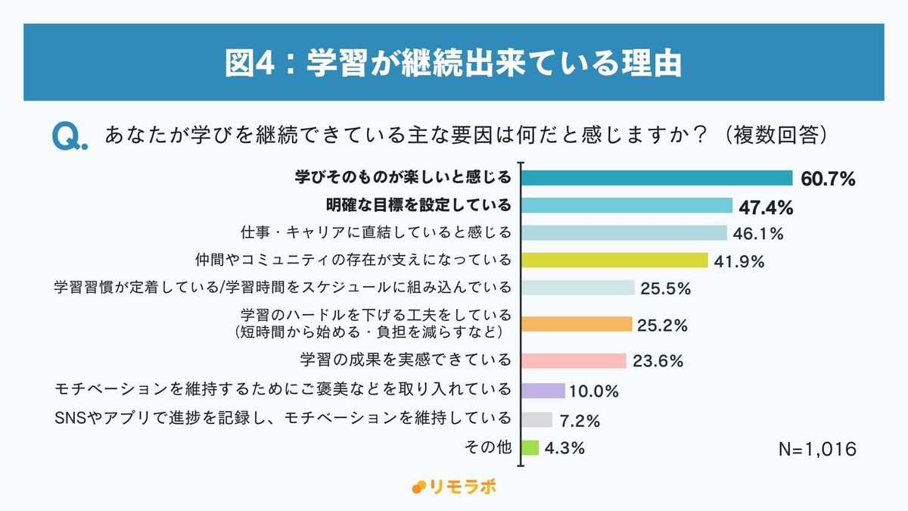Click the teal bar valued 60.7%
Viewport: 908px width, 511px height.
pos(657,178)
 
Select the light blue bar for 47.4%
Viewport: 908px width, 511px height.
pos(627,206)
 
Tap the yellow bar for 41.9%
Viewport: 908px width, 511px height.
pos(615,260)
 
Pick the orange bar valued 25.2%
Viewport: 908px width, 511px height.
pos(577,324)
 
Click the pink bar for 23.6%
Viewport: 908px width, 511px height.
pos(574,360)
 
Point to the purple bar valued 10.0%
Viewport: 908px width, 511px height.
pos(543,391)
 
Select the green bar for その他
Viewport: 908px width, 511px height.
pos(530,447)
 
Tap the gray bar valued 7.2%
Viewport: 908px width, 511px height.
pos(537,419)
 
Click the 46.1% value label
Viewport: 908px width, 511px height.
pos(757,234)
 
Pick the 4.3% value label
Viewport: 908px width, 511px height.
pos(564,448)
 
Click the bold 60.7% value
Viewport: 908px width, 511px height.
pos(827,179)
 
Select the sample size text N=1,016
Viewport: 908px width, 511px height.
pos(817,449)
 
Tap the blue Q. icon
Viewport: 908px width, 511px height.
pos(70,136)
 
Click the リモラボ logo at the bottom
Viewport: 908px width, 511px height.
pos(454,487)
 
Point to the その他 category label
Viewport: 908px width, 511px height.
pos(488,447)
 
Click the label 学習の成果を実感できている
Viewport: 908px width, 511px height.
pos(406,360)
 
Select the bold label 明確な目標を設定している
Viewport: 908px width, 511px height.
pos(418,205)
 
